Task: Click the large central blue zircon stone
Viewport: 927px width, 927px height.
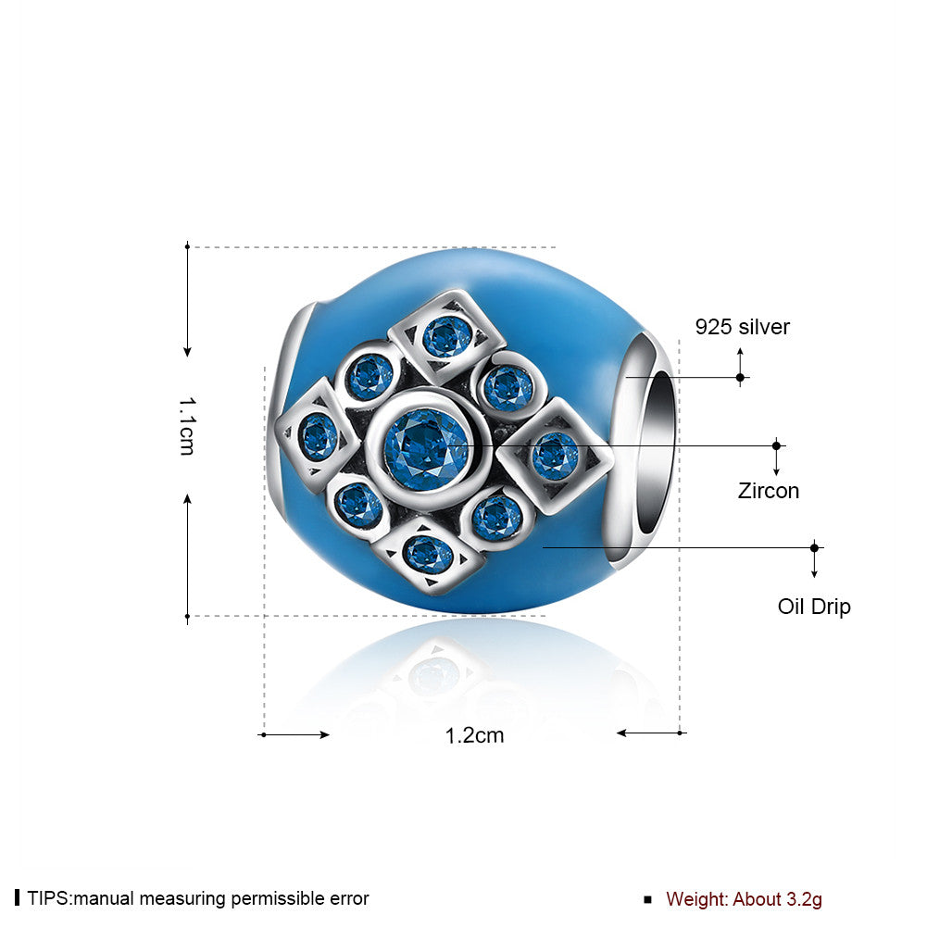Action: click(426, 449)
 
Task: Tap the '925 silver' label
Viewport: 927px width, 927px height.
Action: click(742, 327)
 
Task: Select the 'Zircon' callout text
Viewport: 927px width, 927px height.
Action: click(768, 491)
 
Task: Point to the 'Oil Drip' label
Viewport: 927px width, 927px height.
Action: click(814, 607)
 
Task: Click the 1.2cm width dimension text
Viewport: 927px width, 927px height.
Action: click(474, 735)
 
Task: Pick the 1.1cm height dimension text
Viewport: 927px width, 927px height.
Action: click(187, 426)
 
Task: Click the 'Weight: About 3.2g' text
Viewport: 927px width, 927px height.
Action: click(744, 898)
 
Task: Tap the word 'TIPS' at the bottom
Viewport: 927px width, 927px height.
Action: click(49, 898)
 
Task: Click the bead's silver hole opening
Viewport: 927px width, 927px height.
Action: click(657, 449)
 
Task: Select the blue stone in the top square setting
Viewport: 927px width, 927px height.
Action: click(447, 337)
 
